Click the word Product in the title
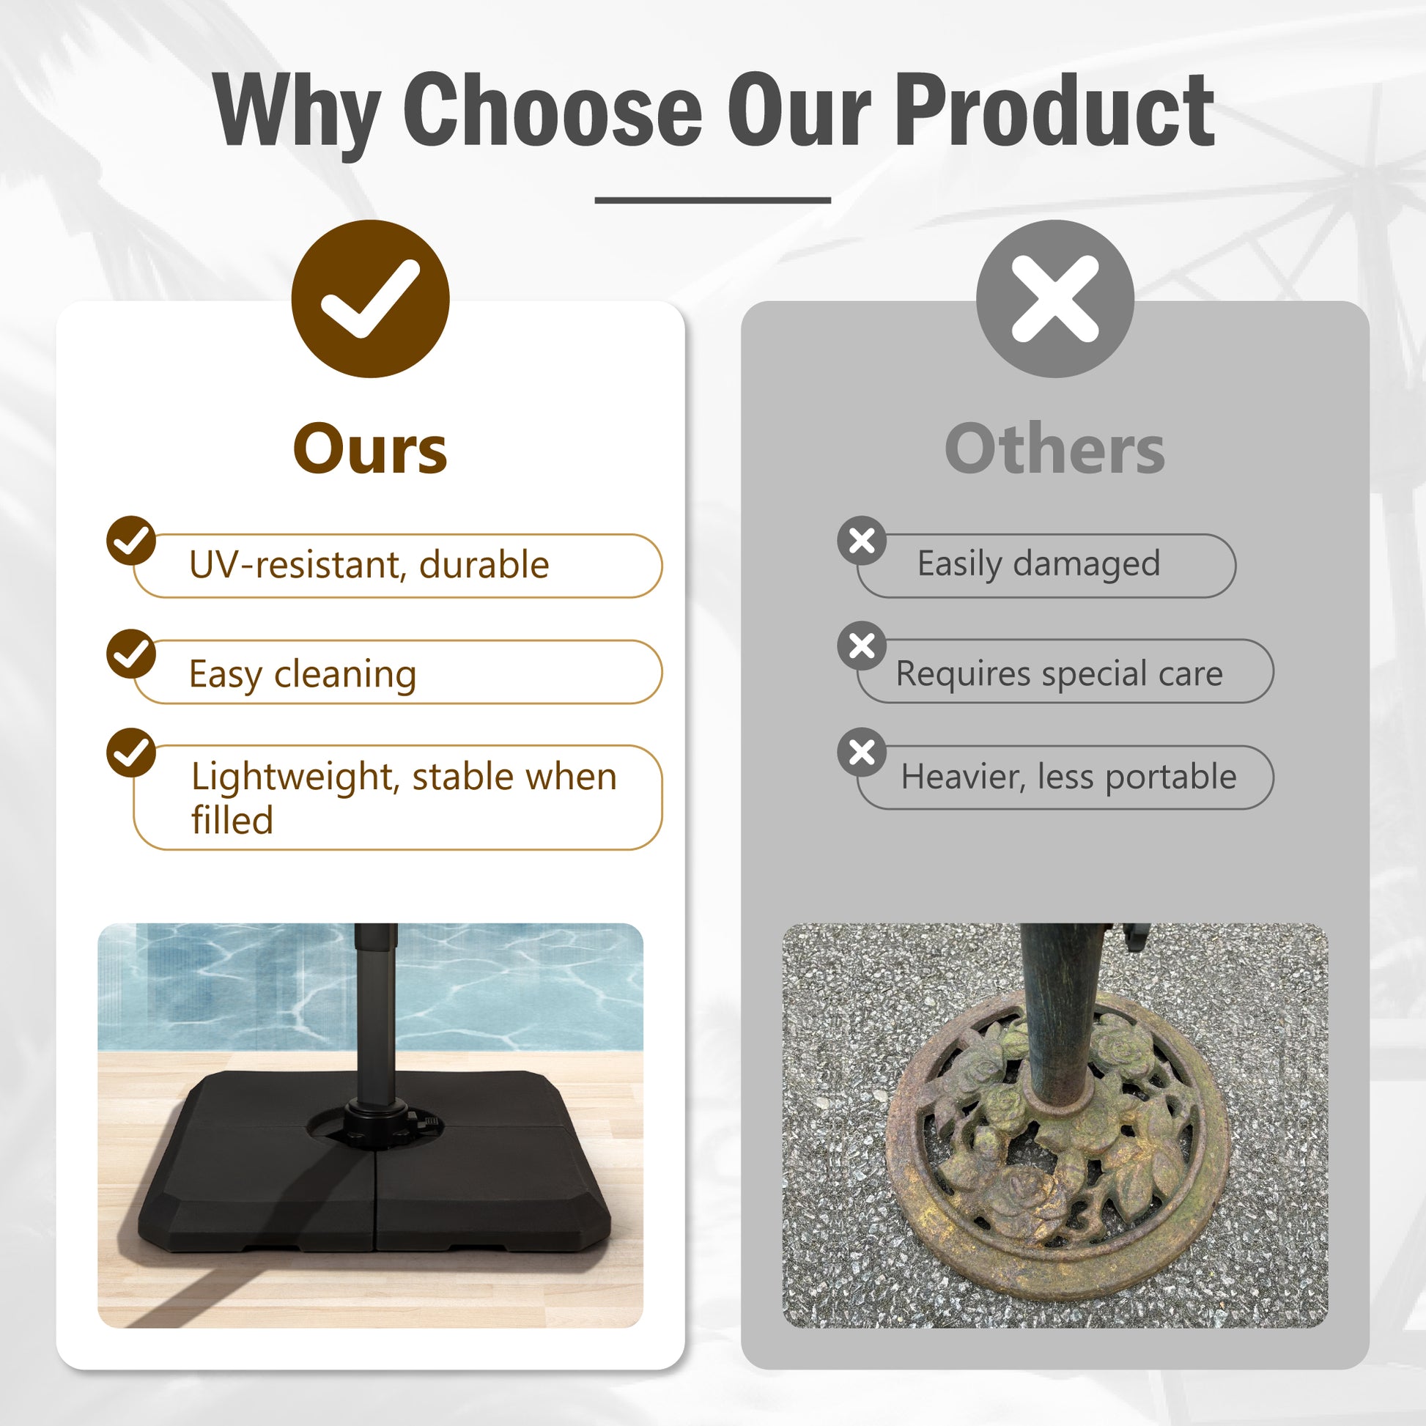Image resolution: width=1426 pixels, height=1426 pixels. [x=1056, y=111]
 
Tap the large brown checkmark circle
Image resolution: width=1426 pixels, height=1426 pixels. [x=370, y=299]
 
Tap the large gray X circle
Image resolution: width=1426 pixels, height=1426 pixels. [x=1054, y=299]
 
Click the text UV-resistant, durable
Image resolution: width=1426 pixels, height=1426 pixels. [x=369, y=565]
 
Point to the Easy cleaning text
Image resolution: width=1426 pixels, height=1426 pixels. [x=303, y=674]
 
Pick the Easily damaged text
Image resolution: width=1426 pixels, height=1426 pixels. [x=1039, y=564]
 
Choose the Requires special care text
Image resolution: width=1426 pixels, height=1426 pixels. [x=1060, y=673]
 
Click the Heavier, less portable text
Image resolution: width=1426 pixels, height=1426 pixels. [x=1068, y=777]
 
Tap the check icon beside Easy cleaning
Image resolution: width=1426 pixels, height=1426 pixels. [x=130, y=654]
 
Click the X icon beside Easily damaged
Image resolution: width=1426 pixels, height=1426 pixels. [x=862, y=541]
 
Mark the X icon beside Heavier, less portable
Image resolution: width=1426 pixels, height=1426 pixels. [x=862, y=753]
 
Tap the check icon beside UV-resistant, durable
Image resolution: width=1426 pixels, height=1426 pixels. [x=130, y=540]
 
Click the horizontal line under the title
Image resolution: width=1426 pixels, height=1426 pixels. [x=713, y=200]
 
